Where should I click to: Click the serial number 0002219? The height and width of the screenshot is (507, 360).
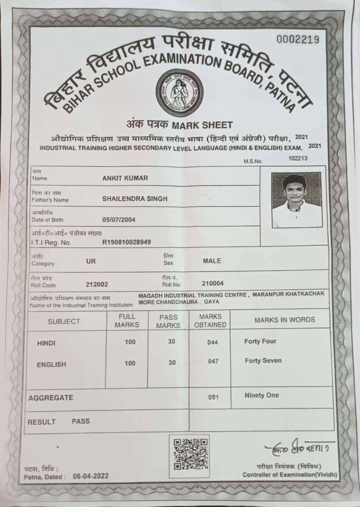tap(297, 39)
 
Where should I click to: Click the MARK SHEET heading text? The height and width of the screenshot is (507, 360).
tap(202, 125)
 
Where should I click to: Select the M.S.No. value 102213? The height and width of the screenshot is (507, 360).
tap(298, 158)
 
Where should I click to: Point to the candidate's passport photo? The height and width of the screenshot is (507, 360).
tap(297, 200)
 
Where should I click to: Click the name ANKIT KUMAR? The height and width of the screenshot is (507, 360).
tap(125, 178)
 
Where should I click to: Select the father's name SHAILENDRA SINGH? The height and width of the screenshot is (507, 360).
tap(135, 199)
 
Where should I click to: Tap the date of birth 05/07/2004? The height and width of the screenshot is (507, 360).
tap(119, 220)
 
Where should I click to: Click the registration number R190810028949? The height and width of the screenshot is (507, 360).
tap(127, 242)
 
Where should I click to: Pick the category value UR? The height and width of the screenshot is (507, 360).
tap(91, 261)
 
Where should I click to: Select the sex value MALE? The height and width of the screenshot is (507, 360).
tap(212, 261)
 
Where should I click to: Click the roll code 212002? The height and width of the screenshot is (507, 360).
tap(97, 284)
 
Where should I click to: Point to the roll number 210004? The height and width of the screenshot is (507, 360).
tap(213, 283)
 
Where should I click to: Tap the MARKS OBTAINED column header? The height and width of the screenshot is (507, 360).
tap(210, 320)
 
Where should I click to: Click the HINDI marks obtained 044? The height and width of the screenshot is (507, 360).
tap(212, 342)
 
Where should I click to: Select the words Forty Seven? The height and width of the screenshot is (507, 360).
tap(263, 360)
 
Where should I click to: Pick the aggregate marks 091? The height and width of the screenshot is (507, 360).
tap(213, 398)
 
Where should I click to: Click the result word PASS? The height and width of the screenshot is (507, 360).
tap(81, 421)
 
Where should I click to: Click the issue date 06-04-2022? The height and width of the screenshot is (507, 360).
tap(90, 476)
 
